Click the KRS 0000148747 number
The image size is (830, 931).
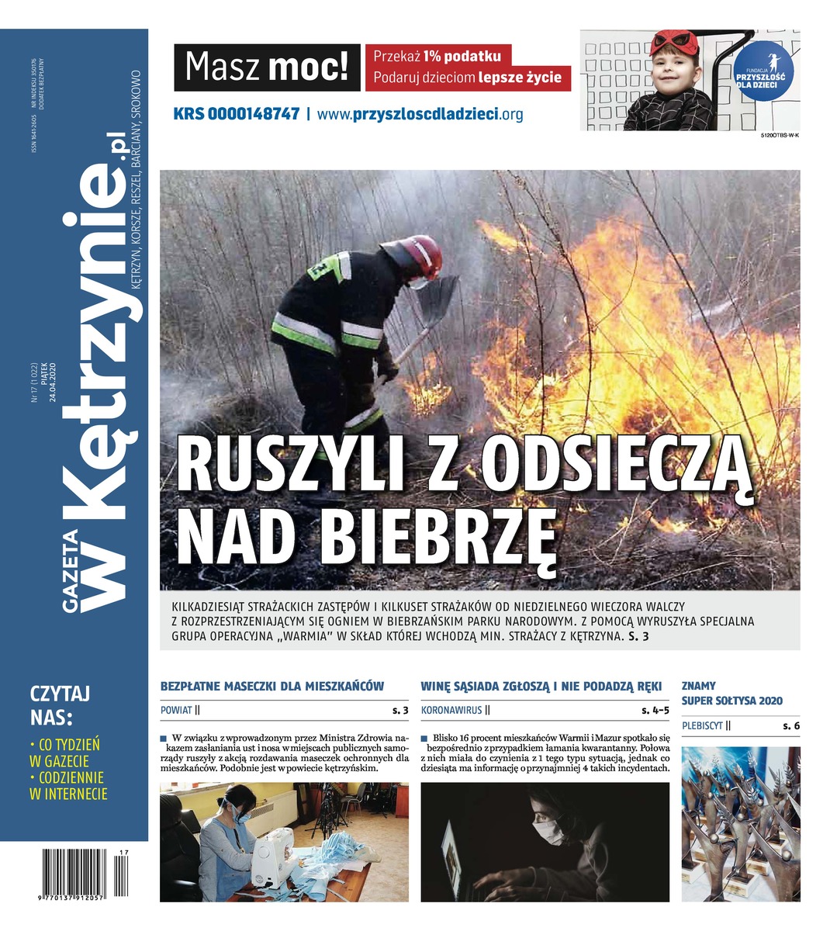coord(236,114)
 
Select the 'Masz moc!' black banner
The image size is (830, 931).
coord(267,67)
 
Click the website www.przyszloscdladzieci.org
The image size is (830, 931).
coord(420,114)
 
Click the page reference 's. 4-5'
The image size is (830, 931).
coord(655,710)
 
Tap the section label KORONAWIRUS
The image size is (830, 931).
coord(450,710)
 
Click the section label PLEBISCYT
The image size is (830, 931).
coord(702,726)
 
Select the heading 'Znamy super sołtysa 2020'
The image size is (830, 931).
coord(731,693)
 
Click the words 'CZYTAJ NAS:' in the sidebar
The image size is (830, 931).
coord(59,703)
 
